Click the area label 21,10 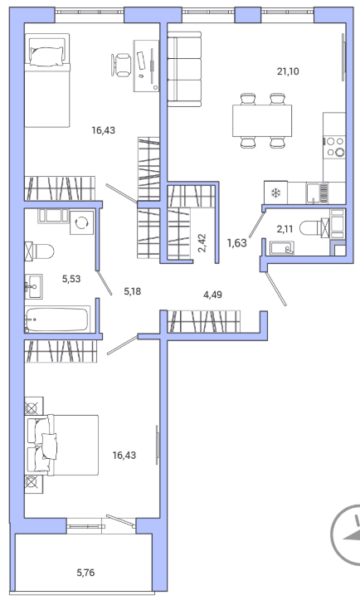click(288, 71)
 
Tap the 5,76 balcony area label click(85, 573)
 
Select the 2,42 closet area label click(202, 242)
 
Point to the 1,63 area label click(236, 243)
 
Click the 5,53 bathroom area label click(71, 279)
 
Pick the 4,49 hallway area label click(212, 295)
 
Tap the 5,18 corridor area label click(133, 291)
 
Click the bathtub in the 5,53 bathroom click(57, 319)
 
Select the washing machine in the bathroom click(82, 222)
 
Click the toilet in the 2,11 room click(314, 228)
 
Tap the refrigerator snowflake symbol click(275, 193)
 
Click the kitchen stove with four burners click(334, 147)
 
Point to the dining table click(262, 120)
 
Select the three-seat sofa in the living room click(184, 69)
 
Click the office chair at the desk click(121, 65)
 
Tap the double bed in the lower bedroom click(61, 445)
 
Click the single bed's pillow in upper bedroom click(46, 56)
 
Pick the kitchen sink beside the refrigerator click(318, 193)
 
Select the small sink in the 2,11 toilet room click(282, 248)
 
